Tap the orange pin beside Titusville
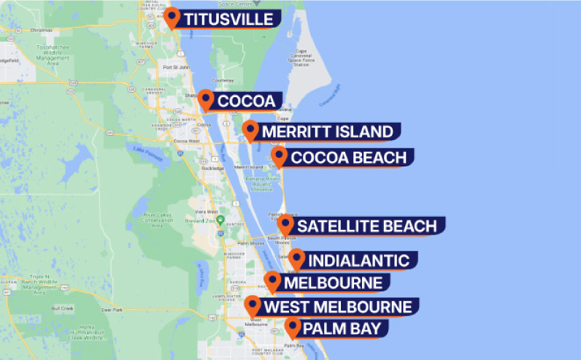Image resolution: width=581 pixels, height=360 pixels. click(172, 17)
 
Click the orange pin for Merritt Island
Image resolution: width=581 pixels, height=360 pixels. click(250, 130)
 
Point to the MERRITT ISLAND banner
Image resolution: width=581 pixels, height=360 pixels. click(327, 132)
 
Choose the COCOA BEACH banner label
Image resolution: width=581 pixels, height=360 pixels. click(348, 158)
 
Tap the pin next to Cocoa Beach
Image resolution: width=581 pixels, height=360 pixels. click(279, 156)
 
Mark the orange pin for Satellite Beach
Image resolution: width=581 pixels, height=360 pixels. click(285, 224)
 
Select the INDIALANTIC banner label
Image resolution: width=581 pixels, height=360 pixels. click(358, 261)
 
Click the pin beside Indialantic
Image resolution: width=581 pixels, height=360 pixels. click(296, 258)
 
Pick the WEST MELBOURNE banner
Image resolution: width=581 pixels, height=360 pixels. click(337, 307)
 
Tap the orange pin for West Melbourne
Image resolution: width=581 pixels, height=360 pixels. click(253, 305)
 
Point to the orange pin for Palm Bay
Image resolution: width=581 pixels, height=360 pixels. click(293, 326)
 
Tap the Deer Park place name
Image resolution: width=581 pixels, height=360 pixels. click(112, 310)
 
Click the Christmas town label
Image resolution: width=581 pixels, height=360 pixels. click(42, 31)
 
